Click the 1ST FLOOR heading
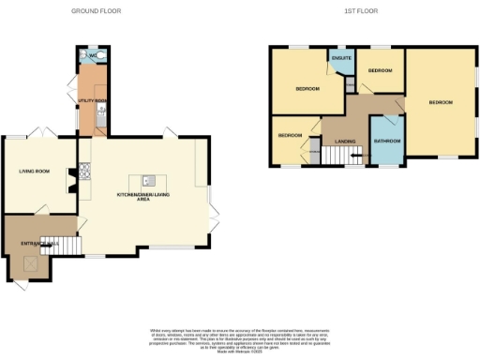tap(361, 10)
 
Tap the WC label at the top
tap(91, 55)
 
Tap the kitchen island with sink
tap(147, 179)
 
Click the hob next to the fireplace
tap(85, 172)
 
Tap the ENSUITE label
tap(341, 59)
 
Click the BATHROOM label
tap(386, 141)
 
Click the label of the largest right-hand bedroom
tap(441, 101)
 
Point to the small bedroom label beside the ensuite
tap(379, 70)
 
